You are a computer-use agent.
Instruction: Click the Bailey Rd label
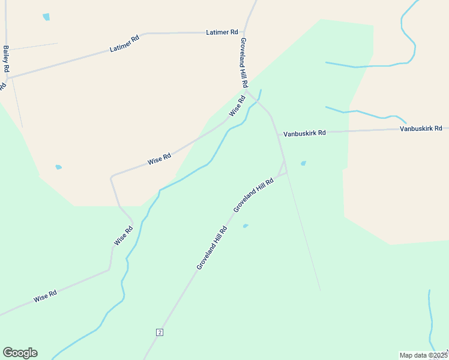coord(6,59)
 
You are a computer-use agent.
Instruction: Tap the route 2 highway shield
coord(159,332)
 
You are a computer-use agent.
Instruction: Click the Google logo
coord(20,353)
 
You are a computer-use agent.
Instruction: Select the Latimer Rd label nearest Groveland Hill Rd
coord(221,32)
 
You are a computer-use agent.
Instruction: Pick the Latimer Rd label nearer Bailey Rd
coord(124,44)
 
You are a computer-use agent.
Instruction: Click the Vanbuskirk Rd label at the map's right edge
coord(421,128)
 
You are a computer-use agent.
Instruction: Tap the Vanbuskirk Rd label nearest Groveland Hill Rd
coord(304,133)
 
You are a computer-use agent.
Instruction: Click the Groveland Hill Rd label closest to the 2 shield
coord(212,247)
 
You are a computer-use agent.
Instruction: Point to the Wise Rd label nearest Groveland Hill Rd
coord(237,106)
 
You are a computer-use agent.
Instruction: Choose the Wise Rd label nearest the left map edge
coord(45,296)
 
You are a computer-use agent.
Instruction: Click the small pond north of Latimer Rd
coord(46,17)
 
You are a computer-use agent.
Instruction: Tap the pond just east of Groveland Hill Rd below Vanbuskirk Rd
coord(303,163)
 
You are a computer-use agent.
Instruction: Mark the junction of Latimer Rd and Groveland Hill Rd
coord(243,32)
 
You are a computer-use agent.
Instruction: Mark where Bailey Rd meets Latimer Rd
coord(7,77)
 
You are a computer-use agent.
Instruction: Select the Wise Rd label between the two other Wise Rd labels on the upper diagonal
coord(159,159)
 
